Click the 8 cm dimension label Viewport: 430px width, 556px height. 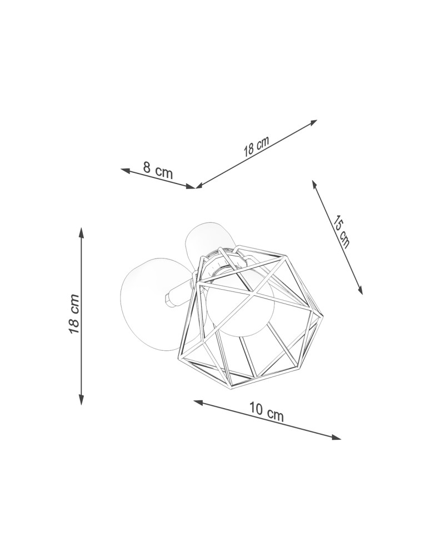point(158,170)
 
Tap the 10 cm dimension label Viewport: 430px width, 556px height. point(267,411)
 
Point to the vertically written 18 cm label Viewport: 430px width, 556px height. point(74,314)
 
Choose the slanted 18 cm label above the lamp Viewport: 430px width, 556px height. point(256,146)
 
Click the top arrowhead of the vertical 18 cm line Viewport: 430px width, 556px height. point(81,232)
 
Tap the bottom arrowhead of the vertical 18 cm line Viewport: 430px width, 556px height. point(81,399)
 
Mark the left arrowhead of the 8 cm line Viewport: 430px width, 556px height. point(126,170)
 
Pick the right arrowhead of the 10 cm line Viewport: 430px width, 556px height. point(336,437)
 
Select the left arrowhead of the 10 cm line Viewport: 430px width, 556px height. point(199,402)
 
